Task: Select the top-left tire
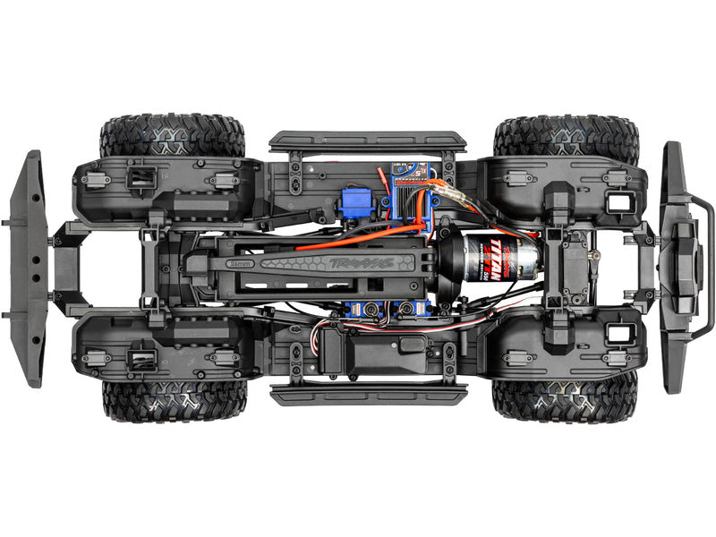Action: pyautogui.click(x=172, y=135)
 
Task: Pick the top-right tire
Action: pyautogui.click(x=566, y=135)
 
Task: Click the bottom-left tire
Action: pyautogui.click(x=174, y=401)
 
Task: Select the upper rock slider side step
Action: pyautogui.click(x=367, y=141)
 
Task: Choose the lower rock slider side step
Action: pyautogui.click(x=369, y=395)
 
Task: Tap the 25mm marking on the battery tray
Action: pyautogui.click(x=239, y=265)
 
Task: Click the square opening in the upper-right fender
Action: pyautogui.click(x=618, y=201)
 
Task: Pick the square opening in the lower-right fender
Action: pyautogui.click(x=618, y=334)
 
